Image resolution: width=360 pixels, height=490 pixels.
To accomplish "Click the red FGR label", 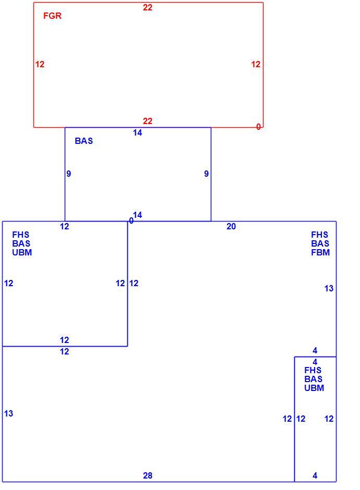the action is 52,16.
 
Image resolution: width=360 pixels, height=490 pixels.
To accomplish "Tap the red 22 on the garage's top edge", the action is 148,7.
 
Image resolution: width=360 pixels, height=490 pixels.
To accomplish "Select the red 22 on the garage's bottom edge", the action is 148,121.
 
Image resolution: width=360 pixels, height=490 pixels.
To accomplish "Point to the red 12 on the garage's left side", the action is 40,64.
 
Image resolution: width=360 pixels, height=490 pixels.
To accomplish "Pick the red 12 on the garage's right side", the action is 256,64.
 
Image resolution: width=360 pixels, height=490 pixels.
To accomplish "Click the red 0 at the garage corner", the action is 258,127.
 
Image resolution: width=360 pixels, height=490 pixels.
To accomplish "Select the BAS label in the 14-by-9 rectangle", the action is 84,141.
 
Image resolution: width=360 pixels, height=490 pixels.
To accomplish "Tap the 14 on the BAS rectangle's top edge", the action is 137,133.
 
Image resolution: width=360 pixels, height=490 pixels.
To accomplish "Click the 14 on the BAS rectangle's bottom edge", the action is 138,215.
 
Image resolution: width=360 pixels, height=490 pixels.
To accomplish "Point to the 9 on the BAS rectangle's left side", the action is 69,174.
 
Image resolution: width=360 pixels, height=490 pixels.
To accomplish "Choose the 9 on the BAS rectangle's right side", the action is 207,174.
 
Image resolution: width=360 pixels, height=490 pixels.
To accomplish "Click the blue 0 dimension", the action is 131,221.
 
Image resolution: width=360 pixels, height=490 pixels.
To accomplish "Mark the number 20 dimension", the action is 231,227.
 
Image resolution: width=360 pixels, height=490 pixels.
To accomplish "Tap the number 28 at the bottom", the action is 148,475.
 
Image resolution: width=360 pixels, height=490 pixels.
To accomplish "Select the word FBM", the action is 320,252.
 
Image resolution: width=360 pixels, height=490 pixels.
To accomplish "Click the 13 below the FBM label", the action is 329,288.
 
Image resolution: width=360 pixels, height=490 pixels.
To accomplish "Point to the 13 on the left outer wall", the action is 8,413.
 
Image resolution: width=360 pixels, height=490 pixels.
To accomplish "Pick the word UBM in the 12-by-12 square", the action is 22,252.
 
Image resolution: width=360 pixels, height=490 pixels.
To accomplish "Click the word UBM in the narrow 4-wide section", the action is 314,388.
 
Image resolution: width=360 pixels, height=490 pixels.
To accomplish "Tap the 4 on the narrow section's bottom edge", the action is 315,475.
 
